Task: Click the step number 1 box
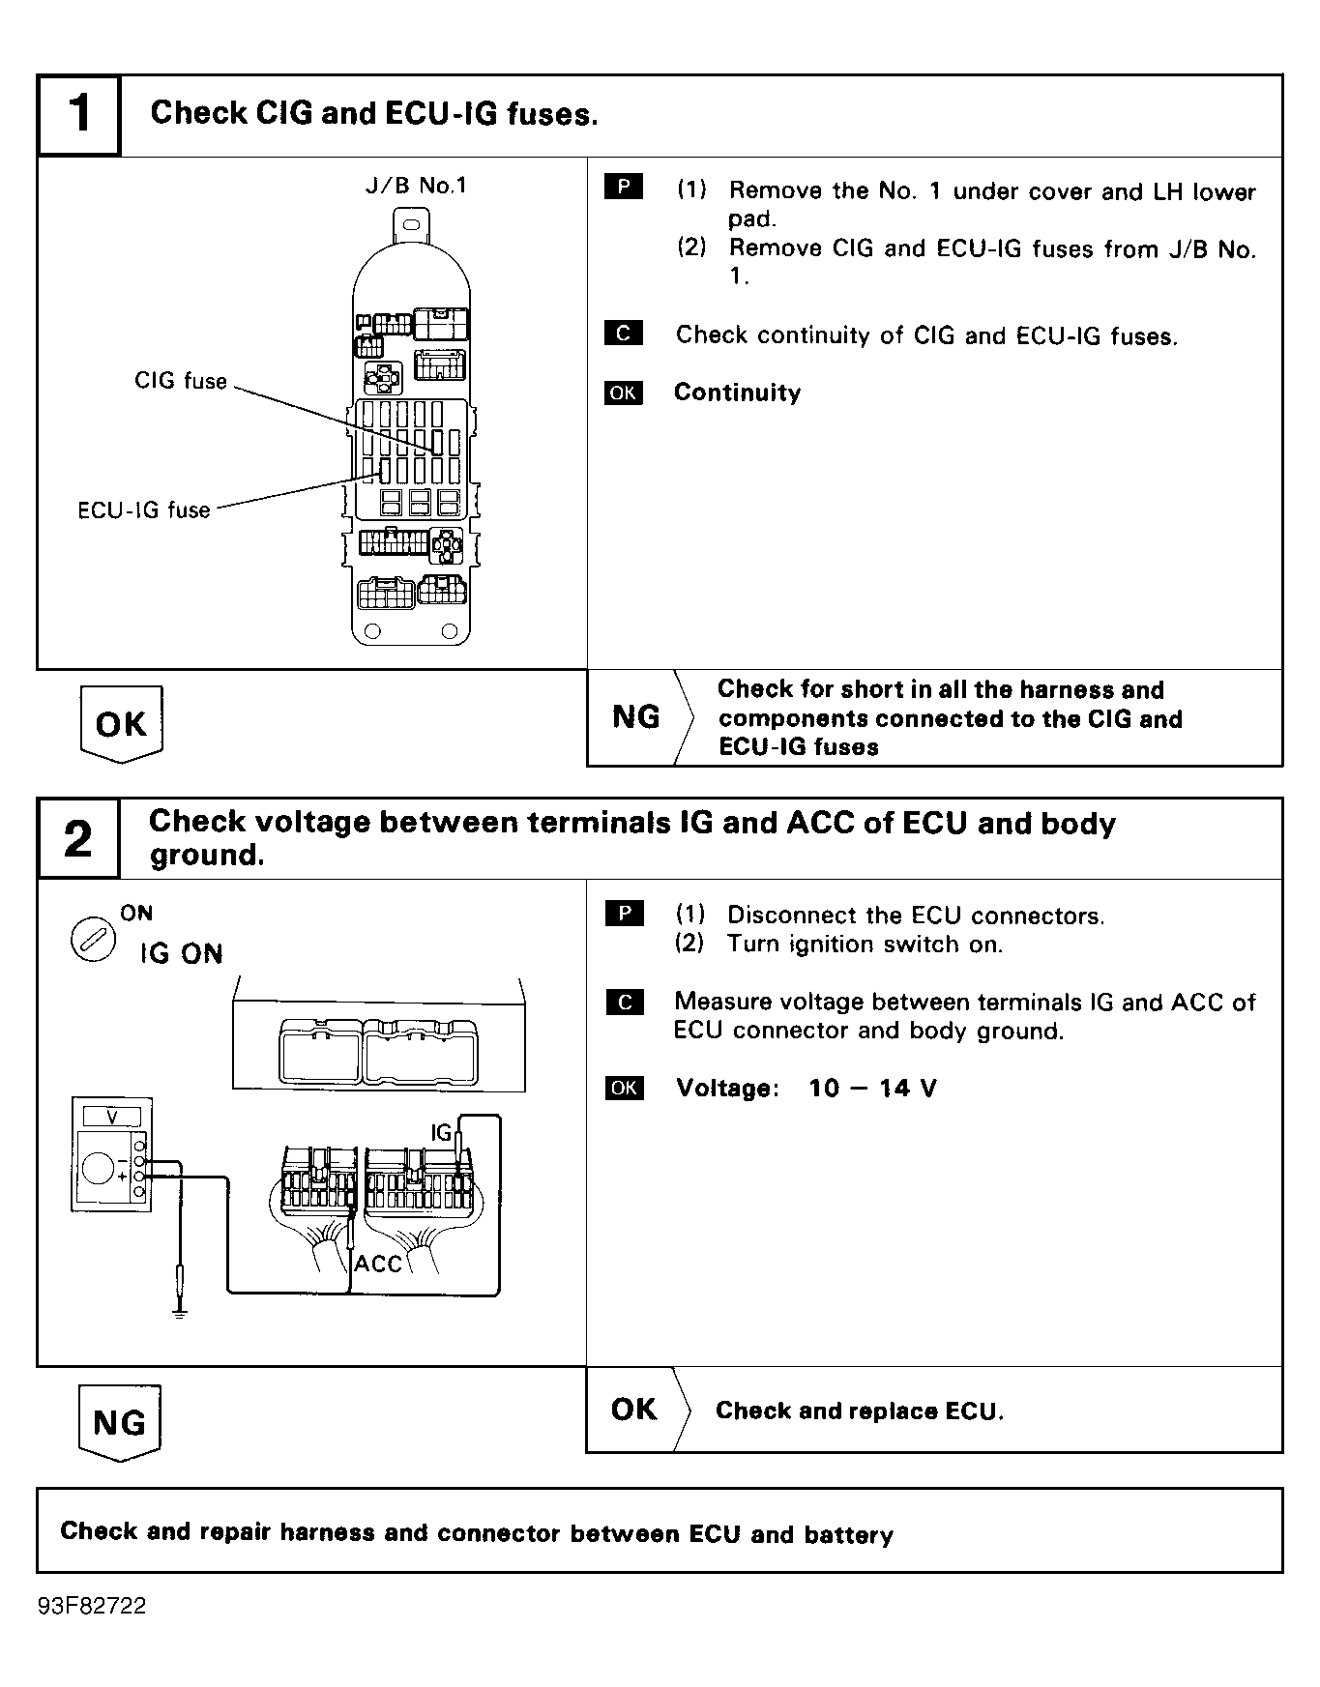pyautogui.click(x=79, y=115)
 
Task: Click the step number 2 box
pyautogui.click(x=78, y=838)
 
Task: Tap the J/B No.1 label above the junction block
pyautogui.click(x=416, y=186)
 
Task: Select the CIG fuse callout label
pyautogui.click(x=181, y=381)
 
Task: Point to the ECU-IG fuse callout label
pyautogui.click(x=144, y=509)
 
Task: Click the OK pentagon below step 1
pyautogui.click(x=121, y=723)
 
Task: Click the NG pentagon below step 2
pyautogui.click(x=119, y=1422)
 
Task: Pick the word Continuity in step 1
pyautogui.click(x=737, y=393)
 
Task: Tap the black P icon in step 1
pyautogui.click(x=624, y=188)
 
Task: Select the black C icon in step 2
pyautogui.click(x=624, y=1002)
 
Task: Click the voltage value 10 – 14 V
pyautogui.click(x=872, y=1089)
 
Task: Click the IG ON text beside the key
pyautogui.click(x=181, y=954)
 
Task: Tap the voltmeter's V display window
pyautogui.click(x=112, y=1118)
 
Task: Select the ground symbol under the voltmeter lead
pyautogui.click(x=179, y=1312)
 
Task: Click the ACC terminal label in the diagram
pyautogui.click(x=377, y=1264)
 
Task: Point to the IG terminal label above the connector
pyautogui.click(x=441, y=1132)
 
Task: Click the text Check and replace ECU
pyautogui.click(x=860, y=1411)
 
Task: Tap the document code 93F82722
pyautogui.click(x=93, y=1606)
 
